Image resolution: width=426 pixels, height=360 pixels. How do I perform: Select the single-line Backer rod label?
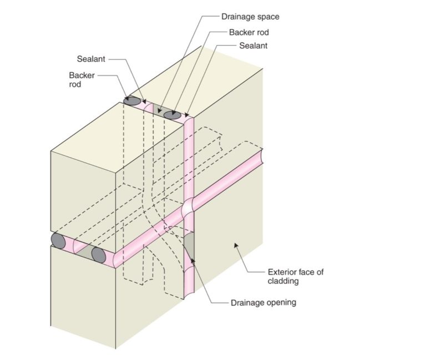248,32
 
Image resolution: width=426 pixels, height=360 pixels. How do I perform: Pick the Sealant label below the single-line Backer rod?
253,46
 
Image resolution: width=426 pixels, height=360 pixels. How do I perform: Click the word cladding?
283,281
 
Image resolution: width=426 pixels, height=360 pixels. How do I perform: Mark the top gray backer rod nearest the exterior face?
171,115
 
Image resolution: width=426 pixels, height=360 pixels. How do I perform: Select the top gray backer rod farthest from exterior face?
132,101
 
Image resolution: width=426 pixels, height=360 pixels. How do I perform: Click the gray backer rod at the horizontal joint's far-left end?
58,240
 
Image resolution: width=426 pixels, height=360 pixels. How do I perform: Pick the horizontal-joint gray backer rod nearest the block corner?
99,255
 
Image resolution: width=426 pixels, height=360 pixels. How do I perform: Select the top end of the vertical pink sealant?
189,119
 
